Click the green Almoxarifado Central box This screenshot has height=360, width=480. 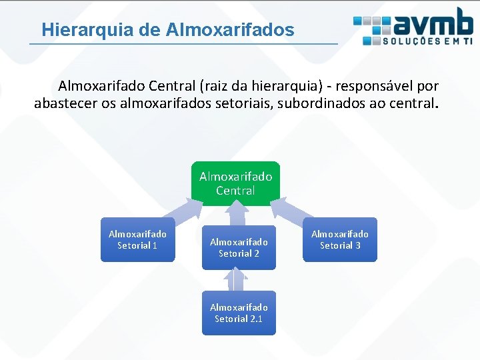click(235, 183)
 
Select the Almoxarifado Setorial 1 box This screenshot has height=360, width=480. click(137, 239)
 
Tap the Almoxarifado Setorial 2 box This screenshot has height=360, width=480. click(239, 247)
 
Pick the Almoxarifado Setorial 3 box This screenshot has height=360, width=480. click(340, 239)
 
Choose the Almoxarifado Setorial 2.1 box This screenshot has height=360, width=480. click(239, 313)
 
